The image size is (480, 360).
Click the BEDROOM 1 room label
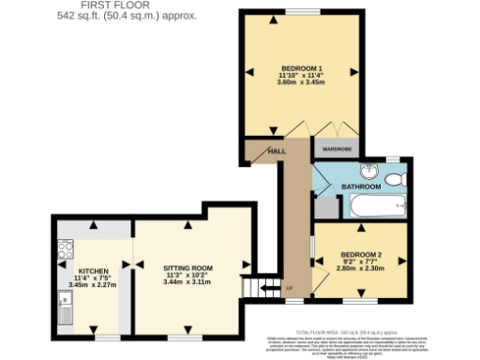tap(301, 67)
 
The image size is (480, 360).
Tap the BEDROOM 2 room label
tap(361, 254)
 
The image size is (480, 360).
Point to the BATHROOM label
tap(359, 187)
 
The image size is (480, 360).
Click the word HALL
tap(277, 151)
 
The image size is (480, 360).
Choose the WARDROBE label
tap(337, 148)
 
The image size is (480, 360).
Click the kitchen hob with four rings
tap(65, 249)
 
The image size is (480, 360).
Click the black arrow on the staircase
tap(265, 286)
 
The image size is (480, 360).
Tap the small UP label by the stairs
tap(289, 288)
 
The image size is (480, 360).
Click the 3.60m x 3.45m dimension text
tap(301, 82)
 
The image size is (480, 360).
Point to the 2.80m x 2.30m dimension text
tap(361, 269)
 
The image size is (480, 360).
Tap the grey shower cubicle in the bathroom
tap(322, 210)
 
